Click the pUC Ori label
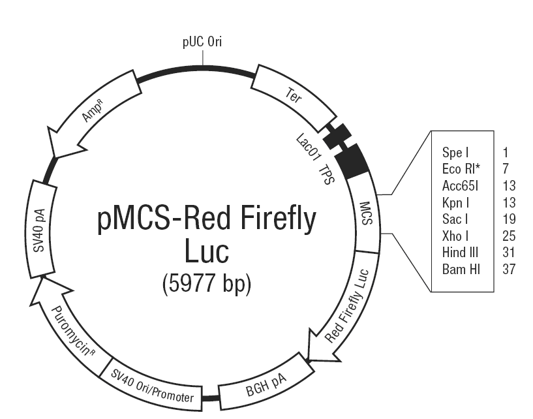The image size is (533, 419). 202,42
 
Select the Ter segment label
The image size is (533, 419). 294,95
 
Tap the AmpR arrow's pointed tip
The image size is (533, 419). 54,157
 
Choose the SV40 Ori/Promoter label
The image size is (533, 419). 152,386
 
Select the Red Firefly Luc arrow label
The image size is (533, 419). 346,305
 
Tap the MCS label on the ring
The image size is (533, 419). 366,213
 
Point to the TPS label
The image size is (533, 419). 327,175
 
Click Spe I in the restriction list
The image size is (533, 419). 455,152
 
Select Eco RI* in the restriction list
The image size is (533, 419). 461,169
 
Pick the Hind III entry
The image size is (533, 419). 460,253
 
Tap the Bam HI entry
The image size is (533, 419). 461,270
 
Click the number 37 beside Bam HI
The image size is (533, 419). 509,270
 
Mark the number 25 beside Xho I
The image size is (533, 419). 509,236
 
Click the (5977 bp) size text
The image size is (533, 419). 207,284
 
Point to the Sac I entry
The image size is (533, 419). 455,219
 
